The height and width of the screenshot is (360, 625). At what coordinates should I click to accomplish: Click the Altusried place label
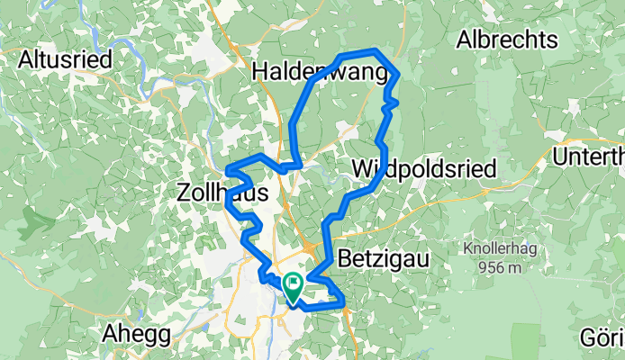66,60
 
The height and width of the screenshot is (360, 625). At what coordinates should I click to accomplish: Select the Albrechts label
507,40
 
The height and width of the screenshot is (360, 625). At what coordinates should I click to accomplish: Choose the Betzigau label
383,259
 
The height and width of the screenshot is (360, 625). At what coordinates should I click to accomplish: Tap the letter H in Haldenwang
260,71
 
